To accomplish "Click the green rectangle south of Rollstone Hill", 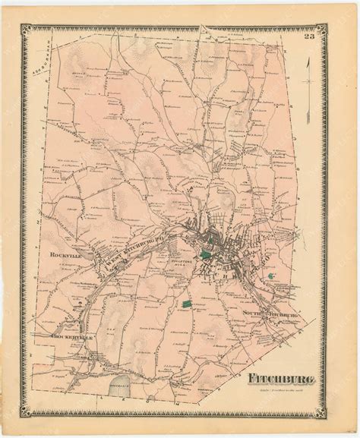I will (186, 304).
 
